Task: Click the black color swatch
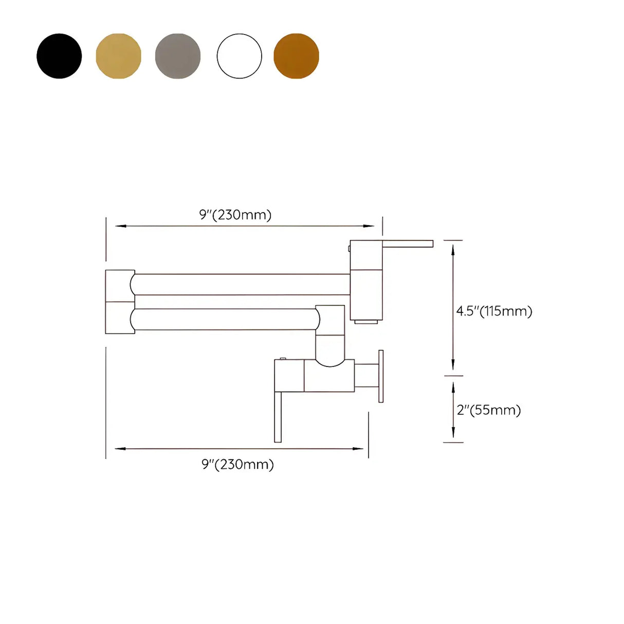(59, 56)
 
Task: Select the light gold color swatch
(118, 56)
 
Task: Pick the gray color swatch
(178, 56)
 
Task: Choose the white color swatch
(240, 56)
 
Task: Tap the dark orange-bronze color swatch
(296, 56)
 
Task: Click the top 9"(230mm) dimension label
(235, 215)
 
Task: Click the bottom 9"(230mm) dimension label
(237, 465)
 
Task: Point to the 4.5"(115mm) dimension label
(494, 311)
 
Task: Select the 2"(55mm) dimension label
(489, 410)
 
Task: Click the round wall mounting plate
(381, 376)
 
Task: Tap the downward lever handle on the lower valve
(278, 416)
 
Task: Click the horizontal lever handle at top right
(408, 244)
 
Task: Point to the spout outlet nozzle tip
(367, 322)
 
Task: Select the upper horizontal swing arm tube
(242, 284)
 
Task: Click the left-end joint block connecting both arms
(120, 302)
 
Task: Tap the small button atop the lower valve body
(283, 358)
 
